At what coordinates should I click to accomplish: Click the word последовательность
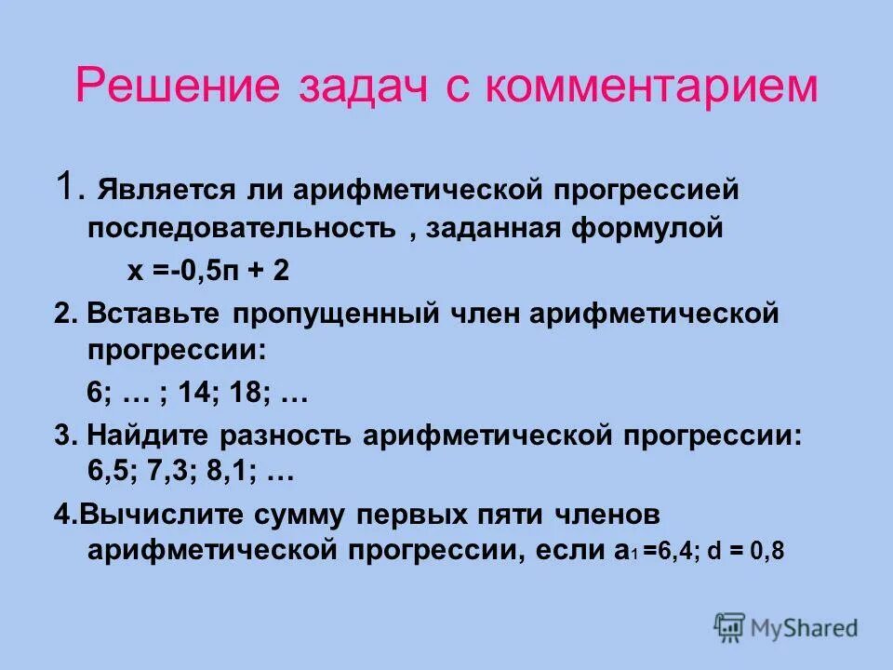click(242, 228)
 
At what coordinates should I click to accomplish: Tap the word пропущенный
click(329, 314)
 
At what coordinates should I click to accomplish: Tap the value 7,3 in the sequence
click(171, 473)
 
